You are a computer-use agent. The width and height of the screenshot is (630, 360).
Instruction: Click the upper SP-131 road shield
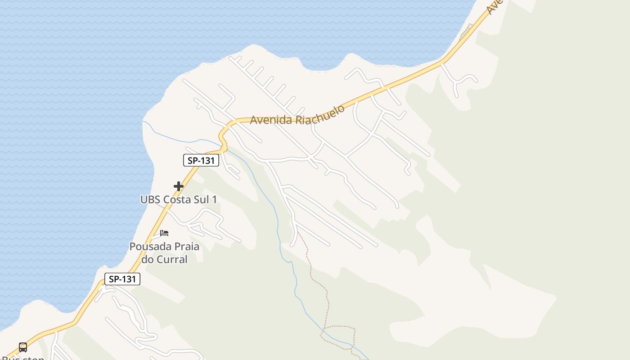201,160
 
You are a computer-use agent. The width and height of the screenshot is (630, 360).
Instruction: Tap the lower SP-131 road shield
122,279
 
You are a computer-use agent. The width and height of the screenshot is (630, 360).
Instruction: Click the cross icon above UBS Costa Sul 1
179,186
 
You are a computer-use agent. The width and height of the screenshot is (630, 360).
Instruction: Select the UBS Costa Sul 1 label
179,199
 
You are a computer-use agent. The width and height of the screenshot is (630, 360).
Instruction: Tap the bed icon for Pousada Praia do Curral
164,233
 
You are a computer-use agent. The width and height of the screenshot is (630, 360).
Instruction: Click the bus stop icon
23,347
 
